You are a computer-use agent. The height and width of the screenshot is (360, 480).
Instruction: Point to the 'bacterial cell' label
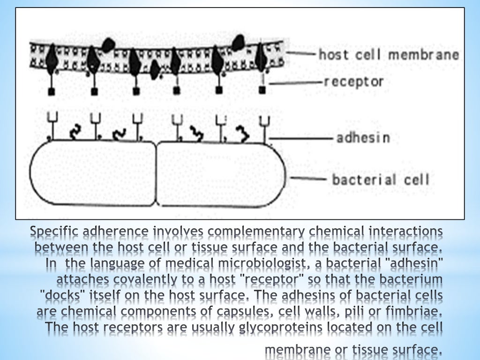click(x=380, y=180)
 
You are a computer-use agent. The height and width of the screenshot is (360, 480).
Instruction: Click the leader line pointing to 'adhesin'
click(x=300, y=138)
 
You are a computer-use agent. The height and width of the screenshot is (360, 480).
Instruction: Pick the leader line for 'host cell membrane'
click(x=300, y=54)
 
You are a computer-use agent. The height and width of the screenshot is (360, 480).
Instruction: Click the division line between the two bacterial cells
click(x=156, y=173)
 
